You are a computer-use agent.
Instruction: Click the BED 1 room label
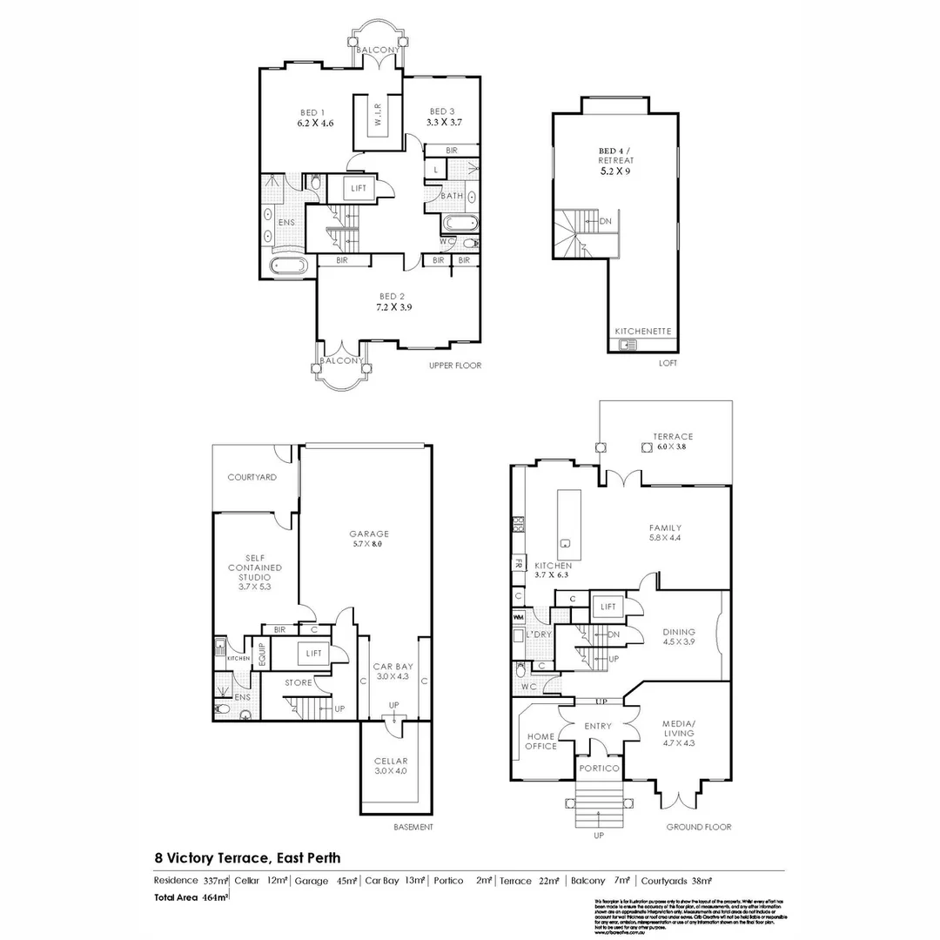coord(312,112)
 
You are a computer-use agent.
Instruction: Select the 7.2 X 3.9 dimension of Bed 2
coord(394,307)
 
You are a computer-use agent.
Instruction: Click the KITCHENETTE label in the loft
coord(641,332)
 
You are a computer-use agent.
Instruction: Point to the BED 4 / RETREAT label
coord(615,156)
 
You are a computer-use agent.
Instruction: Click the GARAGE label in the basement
coord(369,534)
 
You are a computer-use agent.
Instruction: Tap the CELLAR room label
coord(391,760)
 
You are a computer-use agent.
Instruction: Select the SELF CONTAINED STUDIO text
coord(255,567)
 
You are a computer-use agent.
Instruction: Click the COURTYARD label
coord(252,477)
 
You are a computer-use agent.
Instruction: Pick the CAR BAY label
coord(393,666)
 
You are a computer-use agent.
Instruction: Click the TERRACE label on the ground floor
coord(673,436)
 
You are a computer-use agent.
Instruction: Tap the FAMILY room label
coord(665,527)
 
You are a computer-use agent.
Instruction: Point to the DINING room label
coord(678,632)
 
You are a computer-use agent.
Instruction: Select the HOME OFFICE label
coord(540,741)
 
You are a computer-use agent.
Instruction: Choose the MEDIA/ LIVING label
coord(678,728)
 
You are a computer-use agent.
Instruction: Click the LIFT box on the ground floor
coord(607,606)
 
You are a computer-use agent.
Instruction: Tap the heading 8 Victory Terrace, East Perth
coord(247,857)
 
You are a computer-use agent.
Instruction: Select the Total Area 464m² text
coord(191,896)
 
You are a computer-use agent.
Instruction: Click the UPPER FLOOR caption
coord(454,366)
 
